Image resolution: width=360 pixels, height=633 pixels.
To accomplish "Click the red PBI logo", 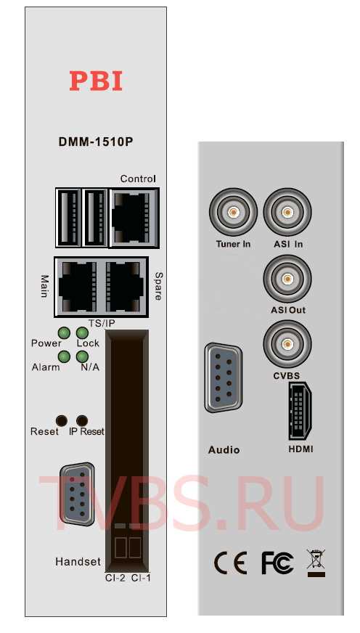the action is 96,81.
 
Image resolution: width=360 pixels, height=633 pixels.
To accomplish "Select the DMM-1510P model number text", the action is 96,142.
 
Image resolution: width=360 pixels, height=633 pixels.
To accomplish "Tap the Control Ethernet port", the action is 134,218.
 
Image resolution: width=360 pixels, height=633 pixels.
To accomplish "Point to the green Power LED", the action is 64,333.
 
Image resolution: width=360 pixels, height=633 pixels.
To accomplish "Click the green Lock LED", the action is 82,333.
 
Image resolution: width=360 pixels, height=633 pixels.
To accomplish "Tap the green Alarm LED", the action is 64,357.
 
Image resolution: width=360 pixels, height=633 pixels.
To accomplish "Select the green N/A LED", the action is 82,357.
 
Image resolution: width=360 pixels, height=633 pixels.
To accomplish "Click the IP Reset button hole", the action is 82,420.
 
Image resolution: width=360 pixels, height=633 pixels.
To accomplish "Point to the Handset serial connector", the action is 77,494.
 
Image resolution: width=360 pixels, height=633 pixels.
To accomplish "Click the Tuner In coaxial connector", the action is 233,212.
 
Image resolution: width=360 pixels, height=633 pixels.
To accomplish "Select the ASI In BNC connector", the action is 287,212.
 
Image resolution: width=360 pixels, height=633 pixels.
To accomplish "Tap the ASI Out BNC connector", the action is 287,279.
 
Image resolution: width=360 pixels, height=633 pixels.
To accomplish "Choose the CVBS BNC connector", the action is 287,344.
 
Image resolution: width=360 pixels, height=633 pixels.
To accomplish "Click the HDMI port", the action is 299,411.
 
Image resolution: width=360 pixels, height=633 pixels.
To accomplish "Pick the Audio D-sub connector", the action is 223,378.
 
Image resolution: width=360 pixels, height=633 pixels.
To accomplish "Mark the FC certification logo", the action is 277,563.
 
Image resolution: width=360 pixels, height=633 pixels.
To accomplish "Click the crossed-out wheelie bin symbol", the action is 316,563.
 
